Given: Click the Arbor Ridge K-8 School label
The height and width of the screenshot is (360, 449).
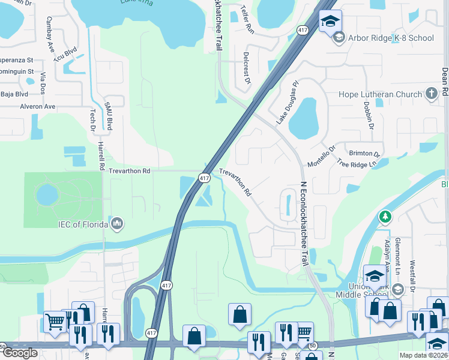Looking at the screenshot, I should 391,38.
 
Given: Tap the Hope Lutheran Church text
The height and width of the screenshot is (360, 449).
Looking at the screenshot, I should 381,94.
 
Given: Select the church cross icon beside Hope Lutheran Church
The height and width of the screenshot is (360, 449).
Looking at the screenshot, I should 431,94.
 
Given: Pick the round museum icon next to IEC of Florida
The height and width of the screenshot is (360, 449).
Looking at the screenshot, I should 117,224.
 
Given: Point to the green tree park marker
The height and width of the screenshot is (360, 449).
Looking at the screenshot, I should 385,216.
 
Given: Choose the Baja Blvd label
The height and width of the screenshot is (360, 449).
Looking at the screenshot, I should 14,94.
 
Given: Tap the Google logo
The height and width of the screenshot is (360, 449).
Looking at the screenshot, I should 20,353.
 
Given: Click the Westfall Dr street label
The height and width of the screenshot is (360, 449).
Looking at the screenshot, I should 413,276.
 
